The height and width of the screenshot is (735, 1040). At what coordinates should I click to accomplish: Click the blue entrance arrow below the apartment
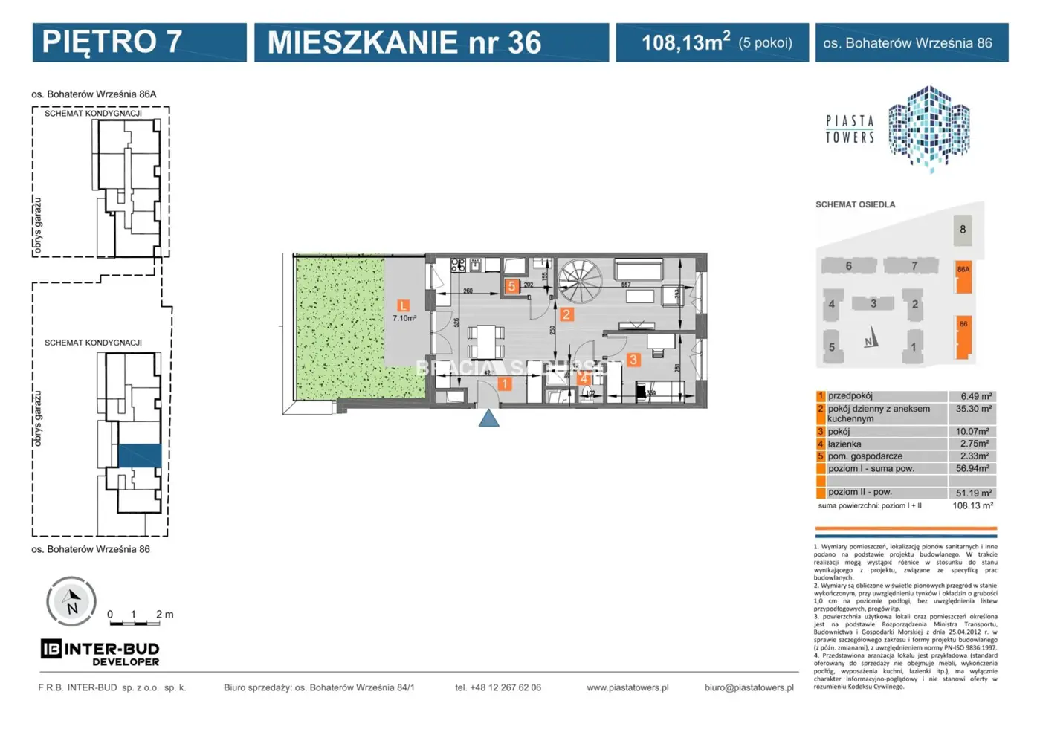[488, 419]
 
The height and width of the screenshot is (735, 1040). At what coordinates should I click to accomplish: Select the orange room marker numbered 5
[511, 286]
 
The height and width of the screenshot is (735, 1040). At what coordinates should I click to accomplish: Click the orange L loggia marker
[403, 305]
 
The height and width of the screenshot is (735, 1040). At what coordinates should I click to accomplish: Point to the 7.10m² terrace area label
[404, 318]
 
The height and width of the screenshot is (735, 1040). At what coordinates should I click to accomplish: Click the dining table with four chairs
[485, 343]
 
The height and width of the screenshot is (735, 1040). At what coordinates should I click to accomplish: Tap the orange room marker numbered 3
[633, 360]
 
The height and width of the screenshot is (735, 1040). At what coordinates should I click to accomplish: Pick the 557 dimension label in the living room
[626, 285]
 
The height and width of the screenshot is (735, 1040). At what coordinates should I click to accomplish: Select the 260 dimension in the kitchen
[468, 291]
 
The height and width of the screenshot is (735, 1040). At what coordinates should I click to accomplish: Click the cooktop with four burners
[458, 265]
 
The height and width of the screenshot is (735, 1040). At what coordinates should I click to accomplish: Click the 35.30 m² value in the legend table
[973, 409]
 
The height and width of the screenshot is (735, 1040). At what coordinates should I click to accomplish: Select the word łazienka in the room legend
[844, 444]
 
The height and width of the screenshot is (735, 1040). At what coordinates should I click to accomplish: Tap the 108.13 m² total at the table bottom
[972, 505]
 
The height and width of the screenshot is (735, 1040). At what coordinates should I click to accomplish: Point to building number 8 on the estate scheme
[963, 230]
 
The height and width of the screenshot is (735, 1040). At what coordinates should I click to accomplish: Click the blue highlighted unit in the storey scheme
[139, 455]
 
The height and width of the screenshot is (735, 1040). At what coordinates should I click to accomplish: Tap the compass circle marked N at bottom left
[71, 601]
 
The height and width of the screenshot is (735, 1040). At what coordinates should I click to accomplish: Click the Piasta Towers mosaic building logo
[928, 128]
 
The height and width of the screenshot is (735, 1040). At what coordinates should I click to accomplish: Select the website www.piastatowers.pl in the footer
[627, 687]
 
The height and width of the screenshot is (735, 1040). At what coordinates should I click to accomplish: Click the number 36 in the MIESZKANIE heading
[524, 42]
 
